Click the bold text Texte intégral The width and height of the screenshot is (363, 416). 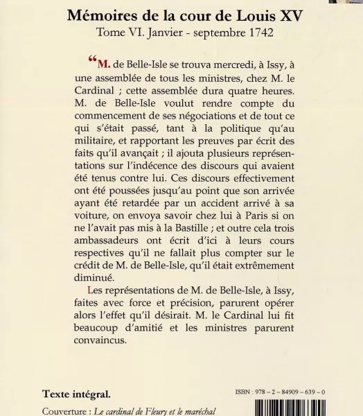[76, 394]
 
